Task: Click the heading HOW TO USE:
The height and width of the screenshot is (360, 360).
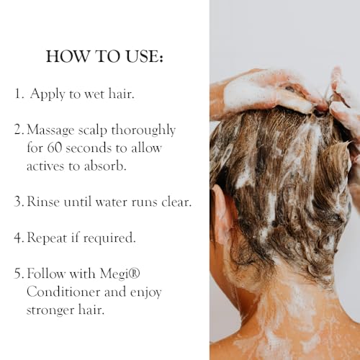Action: (x=104, y=57)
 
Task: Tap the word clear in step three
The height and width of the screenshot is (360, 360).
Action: (x=176, y=202)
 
